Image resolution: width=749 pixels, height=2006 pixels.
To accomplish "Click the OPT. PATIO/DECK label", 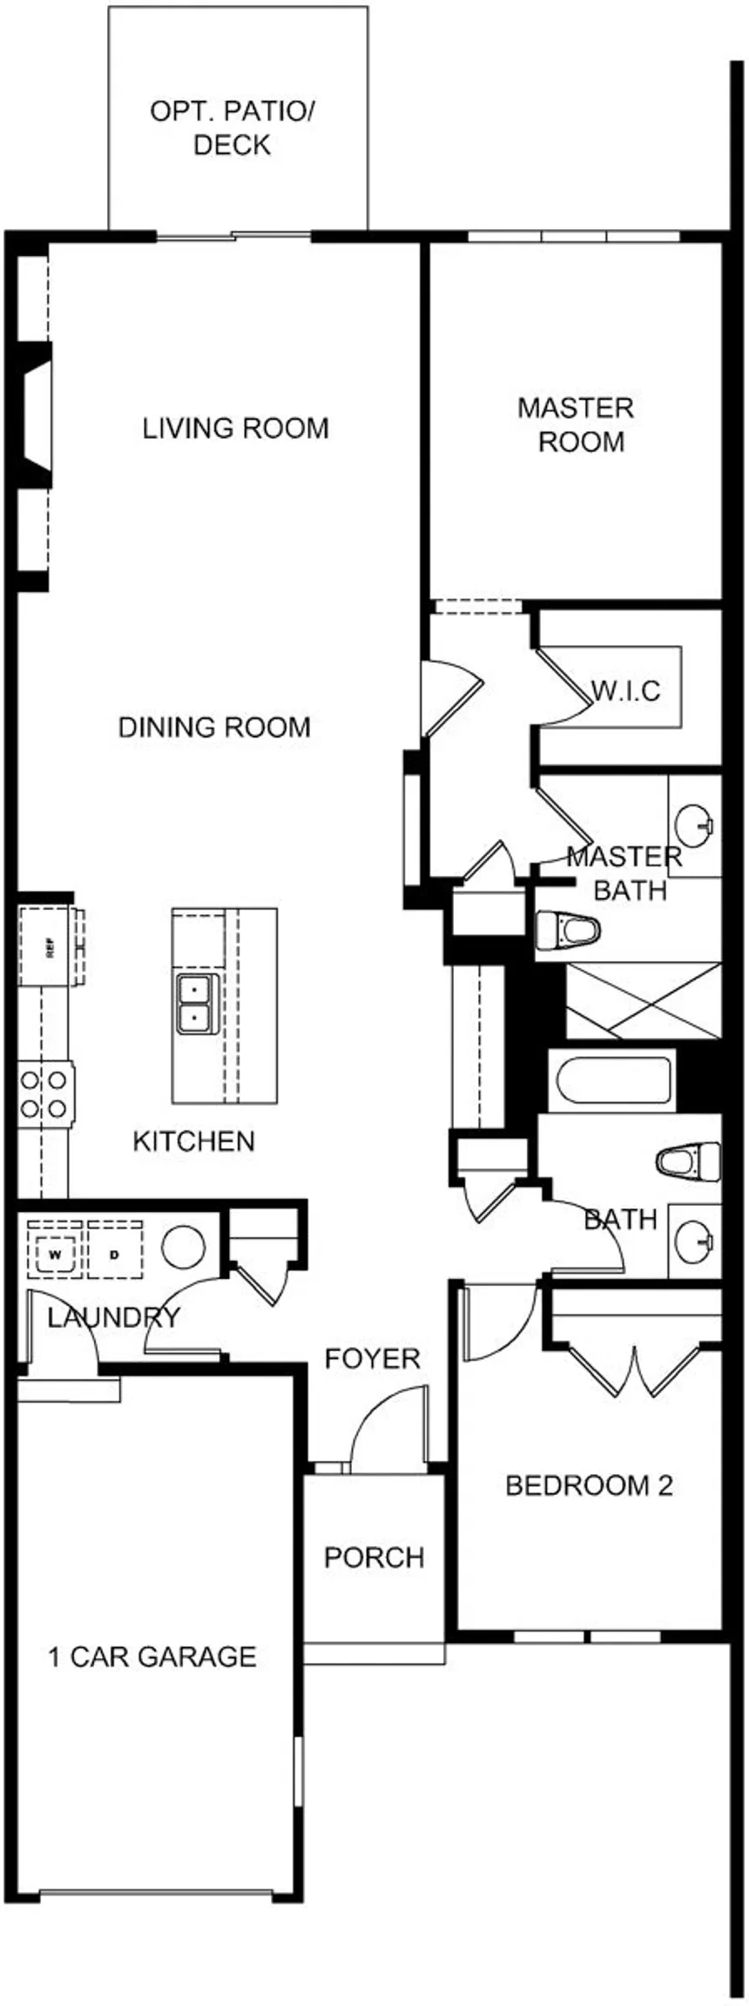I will click(x=233, y=128).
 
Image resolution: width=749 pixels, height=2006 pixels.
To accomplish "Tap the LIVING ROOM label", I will click(x=235, y=428).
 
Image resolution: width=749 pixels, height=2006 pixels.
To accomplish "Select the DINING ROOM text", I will click(x=214, y=727).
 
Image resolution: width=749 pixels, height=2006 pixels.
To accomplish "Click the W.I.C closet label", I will click(x=626, y=691).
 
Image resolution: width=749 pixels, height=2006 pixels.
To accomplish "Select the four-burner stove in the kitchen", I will click(x=44, y=1094).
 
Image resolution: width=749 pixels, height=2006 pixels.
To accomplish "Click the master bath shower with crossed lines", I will click(x=643, y=1000).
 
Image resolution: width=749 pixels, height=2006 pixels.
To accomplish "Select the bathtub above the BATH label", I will click(x=613, y=1080).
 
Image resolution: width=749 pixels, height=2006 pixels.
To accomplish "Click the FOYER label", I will click(x=372, y=1358).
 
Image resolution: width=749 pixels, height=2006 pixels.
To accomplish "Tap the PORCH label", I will click(x=374, y=1557).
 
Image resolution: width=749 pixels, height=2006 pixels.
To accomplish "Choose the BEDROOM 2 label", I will click(x=590, y=1484).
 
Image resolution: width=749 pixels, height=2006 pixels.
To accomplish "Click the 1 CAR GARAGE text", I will click(x=152, y=1656).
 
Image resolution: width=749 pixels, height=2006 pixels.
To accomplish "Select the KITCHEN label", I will click(x=193, y=1141).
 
